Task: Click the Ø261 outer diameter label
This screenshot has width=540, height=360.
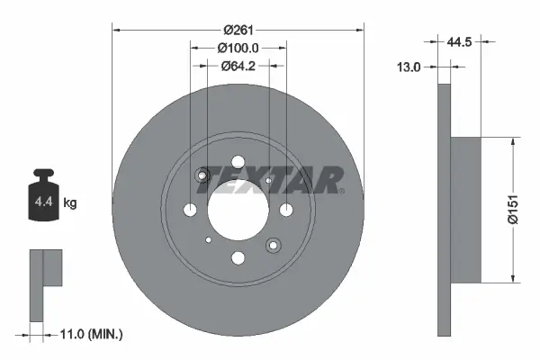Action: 238,18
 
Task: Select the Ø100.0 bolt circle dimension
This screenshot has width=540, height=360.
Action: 238,48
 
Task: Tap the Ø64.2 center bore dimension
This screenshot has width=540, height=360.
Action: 238,65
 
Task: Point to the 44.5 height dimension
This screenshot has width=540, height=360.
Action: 461,41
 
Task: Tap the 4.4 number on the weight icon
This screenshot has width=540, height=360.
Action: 43,204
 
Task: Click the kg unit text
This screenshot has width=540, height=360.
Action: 70,204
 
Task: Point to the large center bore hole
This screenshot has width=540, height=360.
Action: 238,210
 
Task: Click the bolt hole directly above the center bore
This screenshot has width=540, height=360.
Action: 238,162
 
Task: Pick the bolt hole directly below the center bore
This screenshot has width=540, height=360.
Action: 238,258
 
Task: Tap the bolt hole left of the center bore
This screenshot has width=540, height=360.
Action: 190,210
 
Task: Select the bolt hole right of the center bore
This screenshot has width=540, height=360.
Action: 286,210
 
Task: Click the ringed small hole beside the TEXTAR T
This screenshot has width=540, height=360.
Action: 202,175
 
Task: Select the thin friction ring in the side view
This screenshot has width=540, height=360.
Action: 443,209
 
